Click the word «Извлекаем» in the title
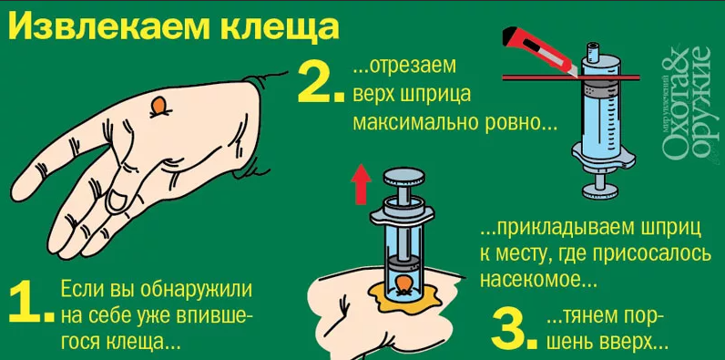pyautogui.click(x=110, y=27)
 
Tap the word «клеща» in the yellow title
pyautogui.click(x=281, y=27)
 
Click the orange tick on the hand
pyautogui.click(x=158, y=107)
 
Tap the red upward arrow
pyautogui.click(x=361, y=186)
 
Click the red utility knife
pyautogui.click(x=540, y=49)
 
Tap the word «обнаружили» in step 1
pyautogui.click(x=196, y=291)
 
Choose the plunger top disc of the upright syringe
pyautogui.click(x=402, y=178)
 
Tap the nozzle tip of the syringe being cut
pyautogui.click(x=592, y=46)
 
